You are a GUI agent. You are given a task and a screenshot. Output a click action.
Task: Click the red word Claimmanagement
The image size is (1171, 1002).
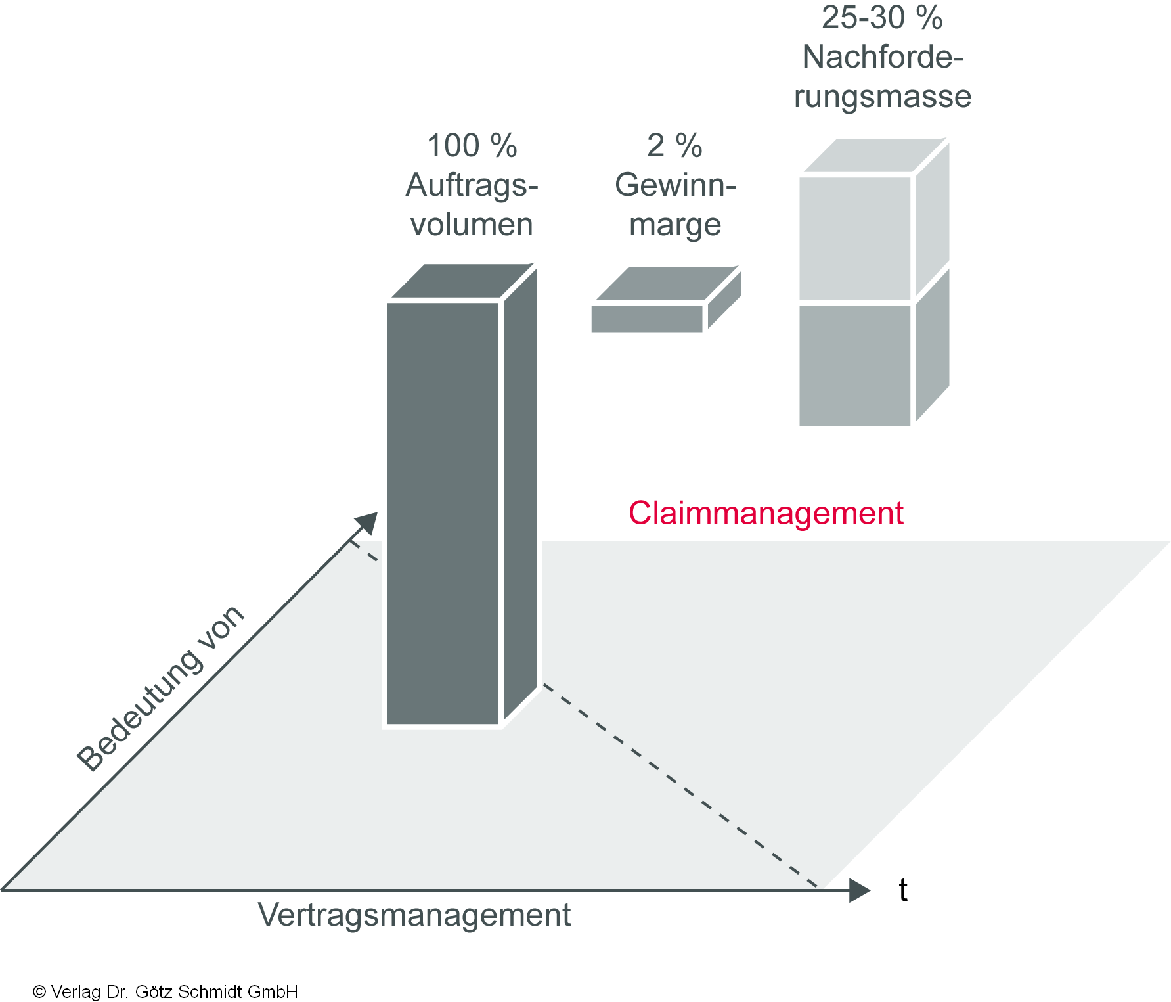tap(765, 513)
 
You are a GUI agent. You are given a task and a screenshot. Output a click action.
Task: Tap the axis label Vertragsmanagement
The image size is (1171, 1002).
tap(414, 915)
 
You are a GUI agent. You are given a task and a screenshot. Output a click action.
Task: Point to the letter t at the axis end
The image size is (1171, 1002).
tap(903, 890)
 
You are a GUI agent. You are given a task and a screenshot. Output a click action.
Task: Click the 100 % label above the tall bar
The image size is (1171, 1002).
tap(472, 146)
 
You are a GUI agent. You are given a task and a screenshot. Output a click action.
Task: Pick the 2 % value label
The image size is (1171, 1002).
tap(674, 146)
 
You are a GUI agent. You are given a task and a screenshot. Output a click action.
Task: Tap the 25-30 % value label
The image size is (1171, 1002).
tap(882, 18)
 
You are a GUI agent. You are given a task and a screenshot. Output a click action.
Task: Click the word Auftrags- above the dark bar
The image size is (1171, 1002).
tap(472, 185)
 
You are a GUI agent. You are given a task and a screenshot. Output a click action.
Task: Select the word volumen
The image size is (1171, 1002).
tap(472, 225)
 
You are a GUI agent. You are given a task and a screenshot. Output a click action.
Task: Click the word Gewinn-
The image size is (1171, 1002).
tap(674, 185)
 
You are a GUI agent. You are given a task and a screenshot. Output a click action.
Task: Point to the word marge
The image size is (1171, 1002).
tap(674, 225)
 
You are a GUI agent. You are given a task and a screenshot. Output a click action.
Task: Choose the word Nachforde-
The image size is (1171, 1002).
tap(882, 57)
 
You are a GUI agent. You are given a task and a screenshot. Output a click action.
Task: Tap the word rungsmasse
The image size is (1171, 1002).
tap(882, 97)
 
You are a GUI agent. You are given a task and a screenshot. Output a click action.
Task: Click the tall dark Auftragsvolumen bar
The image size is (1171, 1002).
tap(443, 512)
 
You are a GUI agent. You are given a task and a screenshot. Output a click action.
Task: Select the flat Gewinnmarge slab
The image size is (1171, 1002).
tap(648, 318)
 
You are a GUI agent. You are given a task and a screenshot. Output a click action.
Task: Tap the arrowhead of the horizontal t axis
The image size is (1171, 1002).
tap(859, 890)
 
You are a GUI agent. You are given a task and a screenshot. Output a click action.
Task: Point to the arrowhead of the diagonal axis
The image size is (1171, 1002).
tap(366, 524)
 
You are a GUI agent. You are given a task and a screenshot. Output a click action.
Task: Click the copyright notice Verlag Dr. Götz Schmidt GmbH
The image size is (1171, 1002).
tap(166, 991)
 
